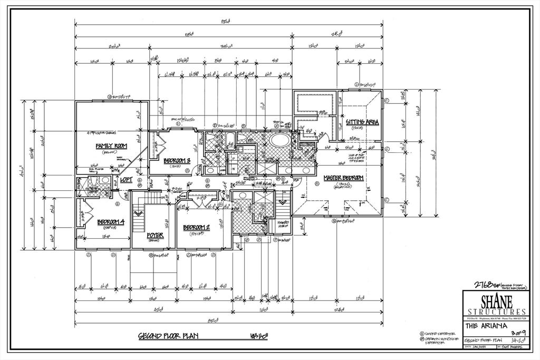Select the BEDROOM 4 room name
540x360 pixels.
(110, 222)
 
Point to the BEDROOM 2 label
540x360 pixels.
(196, 228)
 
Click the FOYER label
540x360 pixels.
(155, 235)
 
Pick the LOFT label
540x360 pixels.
(127, 180)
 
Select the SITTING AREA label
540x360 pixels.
(362, 122)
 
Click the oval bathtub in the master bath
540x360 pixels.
(280, 141)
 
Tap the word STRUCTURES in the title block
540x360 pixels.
(495, 312)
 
